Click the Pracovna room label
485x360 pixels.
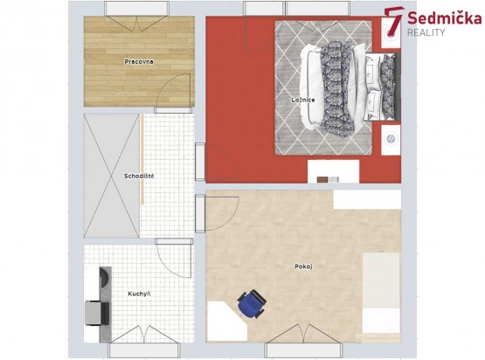coord(139,61)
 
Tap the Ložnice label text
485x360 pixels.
coord(303,100)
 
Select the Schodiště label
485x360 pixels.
coord(139,176)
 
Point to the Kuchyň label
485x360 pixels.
coord(139,294)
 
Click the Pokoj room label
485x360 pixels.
coord(303,267)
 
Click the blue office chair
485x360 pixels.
coord(252,304)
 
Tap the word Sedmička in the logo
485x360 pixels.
coord(445,18)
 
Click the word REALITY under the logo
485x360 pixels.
coord(426,32)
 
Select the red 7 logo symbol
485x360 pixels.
coord(393,22)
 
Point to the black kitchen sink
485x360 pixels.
coord(104,276)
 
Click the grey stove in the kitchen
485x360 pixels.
coord(97,314)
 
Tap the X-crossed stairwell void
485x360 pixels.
coord(112,176)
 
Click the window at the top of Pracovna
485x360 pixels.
coord(136,9)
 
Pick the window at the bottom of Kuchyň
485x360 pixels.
coord(144,350)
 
